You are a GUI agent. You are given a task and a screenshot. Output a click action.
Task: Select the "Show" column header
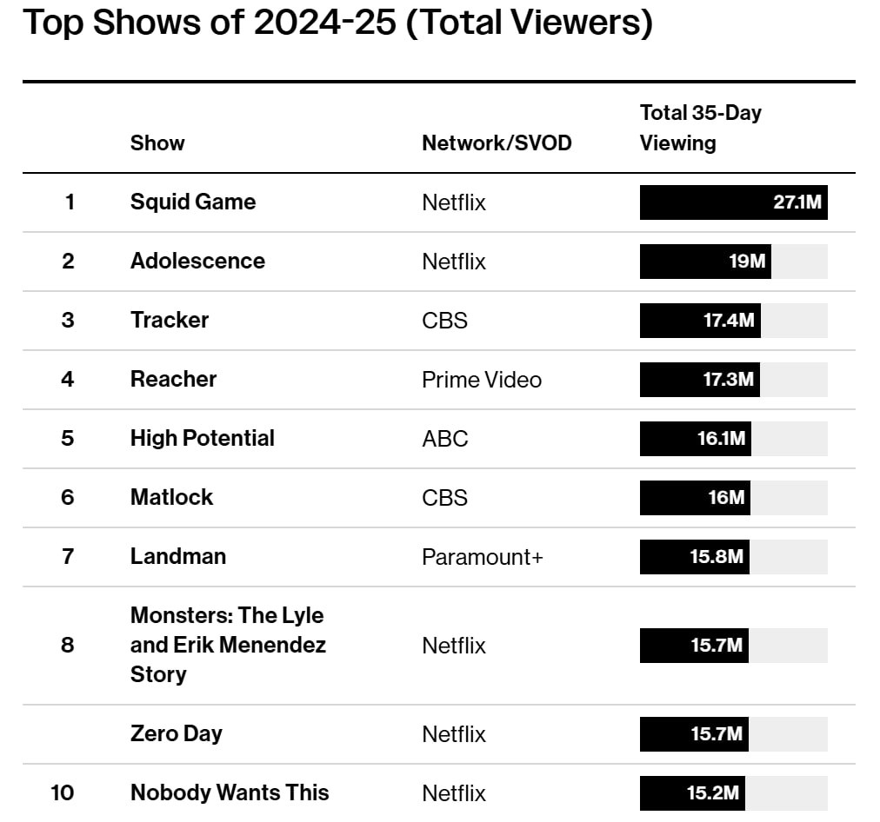(x=157, y=143)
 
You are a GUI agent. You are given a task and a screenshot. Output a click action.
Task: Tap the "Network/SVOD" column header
(x=497, y=143)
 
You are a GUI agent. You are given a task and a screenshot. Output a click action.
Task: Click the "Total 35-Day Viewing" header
(x=700, y=128)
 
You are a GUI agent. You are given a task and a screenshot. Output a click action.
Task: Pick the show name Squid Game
(x=193, y=202)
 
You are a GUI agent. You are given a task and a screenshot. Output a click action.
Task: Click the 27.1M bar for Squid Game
(x=733, y=202)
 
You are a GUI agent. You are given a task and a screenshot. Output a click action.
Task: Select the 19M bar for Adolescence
(x=705, y=262)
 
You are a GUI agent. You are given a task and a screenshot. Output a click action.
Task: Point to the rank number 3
(x=68, y=321)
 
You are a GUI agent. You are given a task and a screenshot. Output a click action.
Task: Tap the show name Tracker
(x=170, y=321)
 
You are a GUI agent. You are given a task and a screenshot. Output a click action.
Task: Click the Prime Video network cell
(x=481, y=380)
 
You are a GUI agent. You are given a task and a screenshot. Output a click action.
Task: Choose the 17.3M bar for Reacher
(x=699, y=380)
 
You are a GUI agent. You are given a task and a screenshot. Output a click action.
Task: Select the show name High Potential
(x=202, y=439)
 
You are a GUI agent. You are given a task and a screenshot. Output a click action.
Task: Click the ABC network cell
(x=444, y=439)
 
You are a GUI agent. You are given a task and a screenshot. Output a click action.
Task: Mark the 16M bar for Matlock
(x=695, y=498)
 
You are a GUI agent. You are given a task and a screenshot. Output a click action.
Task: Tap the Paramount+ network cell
(x=482, y=557)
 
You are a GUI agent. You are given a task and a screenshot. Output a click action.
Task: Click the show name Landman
(x=177, y=557)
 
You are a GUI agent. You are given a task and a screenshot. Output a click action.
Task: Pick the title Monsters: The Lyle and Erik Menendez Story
(x=227, y=645)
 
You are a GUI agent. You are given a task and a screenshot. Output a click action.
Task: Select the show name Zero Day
(x=176, y=734)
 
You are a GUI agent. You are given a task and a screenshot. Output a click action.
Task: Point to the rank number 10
(x=62, y=793)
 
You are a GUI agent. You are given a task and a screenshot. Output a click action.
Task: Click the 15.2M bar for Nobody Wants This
(x=691, y=793)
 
